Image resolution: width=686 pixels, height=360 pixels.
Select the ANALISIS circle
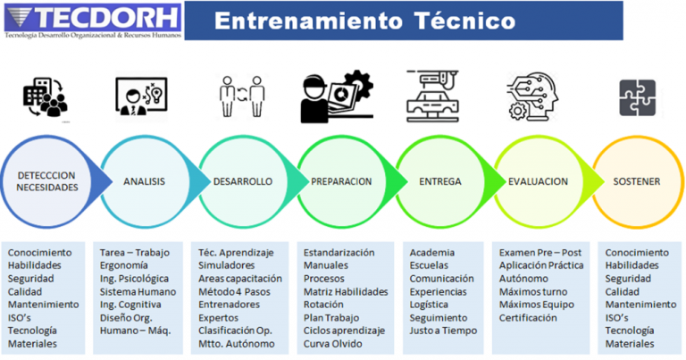click(144, 182)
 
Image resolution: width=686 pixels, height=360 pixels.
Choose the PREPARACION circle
click(341, 182)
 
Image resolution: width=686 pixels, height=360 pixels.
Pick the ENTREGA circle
click(440, 182)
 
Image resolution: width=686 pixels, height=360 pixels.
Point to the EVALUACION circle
click(538, 181)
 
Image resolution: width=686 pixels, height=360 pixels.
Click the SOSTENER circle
click(636, 182)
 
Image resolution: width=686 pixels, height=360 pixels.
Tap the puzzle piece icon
click(637, 100)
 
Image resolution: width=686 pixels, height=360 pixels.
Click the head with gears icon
click(538, 96)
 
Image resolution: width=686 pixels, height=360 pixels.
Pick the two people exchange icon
click(242, 96)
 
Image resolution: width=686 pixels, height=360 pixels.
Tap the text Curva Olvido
click(333, 344)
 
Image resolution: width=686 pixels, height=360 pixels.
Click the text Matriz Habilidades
click(346, 291)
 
